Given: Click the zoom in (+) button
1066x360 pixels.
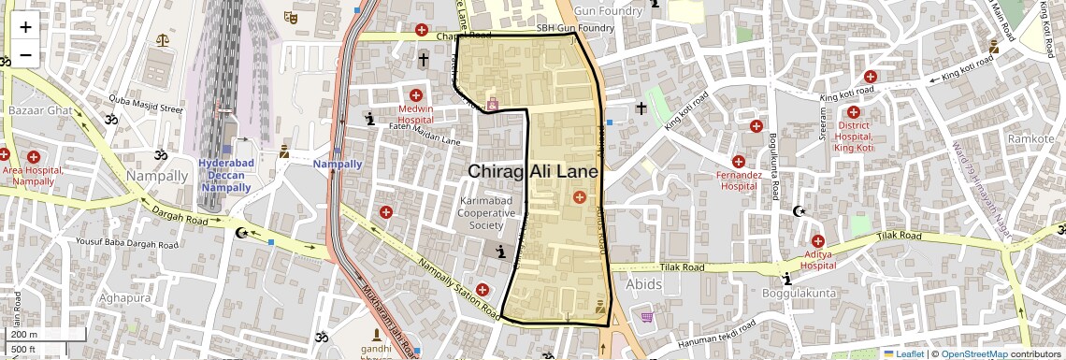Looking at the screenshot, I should point(25,27).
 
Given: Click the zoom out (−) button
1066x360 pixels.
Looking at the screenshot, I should point(25,54).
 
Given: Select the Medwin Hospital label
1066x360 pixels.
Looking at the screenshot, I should point(416,114).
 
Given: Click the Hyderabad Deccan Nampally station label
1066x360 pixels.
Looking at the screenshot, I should point(225,176).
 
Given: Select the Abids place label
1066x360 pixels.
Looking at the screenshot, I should point(644,284).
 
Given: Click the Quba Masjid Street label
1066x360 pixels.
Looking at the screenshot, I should point(146,108).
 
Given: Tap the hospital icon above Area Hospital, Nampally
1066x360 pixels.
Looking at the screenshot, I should point(35,156).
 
